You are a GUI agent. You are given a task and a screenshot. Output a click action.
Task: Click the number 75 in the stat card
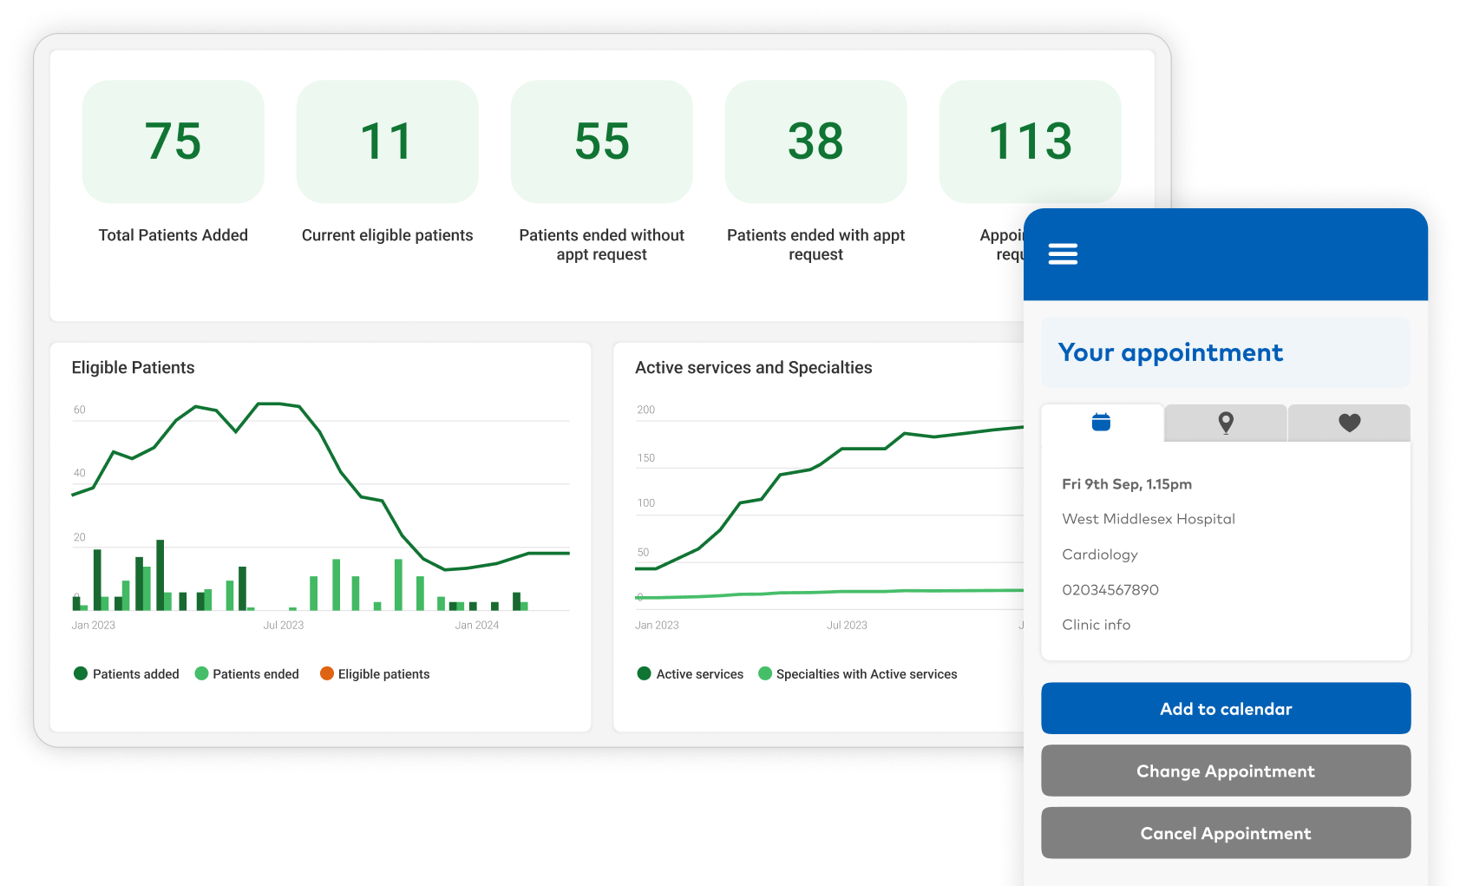pos(173,141)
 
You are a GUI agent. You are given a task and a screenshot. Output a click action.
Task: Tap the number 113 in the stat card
pos(1030,141)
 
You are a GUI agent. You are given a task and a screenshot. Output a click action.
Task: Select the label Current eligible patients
pos(387,235)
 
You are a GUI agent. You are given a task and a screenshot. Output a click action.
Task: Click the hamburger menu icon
pos(1063,254)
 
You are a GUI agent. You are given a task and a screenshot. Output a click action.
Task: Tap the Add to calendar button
pos(1225,709)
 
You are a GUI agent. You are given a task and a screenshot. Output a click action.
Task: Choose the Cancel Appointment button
pos(1225,834)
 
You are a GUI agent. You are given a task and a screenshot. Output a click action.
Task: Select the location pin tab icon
pos(1225,423)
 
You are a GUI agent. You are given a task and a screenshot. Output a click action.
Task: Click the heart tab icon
pos(1349,423)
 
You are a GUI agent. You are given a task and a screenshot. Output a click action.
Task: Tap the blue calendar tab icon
pos(1101,423)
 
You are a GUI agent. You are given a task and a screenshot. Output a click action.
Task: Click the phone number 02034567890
pos(1110,590)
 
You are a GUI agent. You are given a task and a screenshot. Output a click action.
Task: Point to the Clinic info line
pos(1096,625)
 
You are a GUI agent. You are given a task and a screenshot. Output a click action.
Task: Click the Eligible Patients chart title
pos(133,368)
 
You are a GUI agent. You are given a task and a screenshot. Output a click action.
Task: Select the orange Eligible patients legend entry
pos(375,674)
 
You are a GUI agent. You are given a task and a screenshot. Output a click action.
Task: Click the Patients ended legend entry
pos(247,674)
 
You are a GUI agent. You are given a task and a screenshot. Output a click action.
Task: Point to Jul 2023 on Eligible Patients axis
pos(283,625)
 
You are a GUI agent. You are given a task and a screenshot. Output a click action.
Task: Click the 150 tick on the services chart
pos(645,458)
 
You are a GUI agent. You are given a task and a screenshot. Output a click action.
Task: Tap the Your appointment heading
pos(1169,353)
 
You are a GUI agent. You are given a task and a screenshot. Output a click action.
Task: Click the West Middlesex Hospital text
pos(1148,519)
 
